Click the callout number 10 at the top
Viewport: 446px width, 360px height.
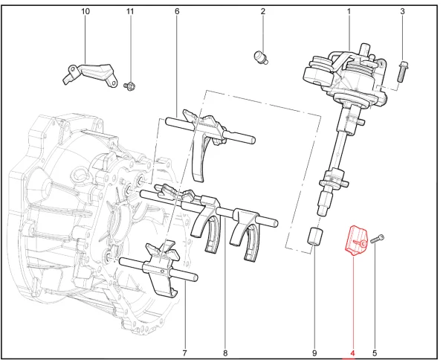point(85,12)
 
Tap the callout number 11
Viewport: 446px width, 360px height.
point(131,12)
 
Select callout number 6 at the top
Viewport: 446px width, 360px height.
point(177,12)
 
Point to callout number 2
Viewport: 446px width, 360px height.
point(262,12)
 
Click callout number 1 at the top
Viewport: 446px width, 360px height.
point(349,12)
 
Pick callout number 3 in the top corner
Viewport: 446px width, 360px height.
point(402,12)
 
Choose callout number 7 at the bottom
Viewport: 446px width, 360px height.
point(184,352)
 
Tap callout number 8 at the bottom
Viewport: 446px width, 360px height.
point(224,352)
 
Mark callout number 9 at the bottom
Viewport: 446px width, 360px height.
point(314,352)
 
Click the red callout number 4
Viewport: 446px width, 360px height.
point(353,352)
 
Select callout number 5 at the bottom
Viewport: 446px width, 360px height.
point(375,352)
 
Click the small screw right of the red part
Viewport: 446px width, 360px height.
point(378,238)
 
